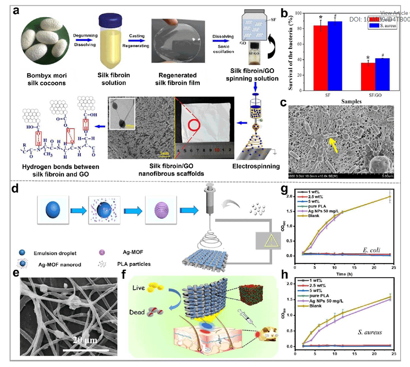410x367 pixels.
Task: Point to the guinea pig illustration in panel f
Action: [267, 333]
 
